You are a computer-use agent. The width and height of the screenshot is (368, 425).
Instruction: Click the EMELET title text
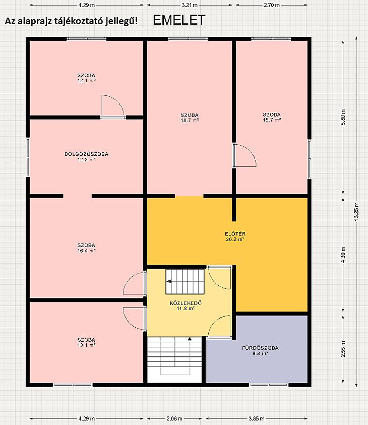tap(179, 20)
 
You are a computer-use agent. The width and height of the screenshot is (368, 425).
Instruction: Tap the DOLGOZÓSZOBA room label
tap(86, 154)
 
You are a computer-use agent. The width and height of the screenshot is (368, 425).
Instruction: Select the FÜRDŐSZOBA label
tap(260, 348)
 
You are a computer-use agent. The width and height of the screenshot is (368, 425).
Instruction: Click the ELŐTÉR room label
tap(235, 233)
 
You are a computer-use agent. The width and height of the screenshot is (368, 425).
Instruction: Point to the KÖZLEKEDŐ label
tap(186, 303)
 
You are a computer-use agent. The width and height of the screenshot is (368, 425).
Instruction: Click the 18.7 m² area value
tap(190, 120)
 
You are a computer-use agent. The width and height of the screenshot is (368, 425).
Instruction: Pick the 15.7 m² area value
tap(272, 120)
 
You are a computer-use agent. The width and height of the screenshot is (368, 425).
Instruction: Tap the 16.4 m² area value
tap(86, 251)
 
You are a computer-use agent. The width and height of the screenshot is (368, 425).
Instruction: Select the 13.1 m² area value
tap(86, 345)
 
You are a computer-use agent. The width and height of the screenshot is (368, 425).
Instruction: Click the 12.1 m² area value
tap(86, 81)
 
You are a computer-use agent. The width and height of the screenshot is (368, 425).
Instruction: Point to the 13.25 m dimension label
tap(356, 212)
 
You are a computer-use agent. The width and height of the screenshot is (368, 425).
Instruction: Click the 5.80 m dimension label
tap(343, 117)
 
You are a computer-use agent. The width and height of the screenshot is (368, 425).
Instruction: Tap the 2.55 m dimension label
tap(343, 349)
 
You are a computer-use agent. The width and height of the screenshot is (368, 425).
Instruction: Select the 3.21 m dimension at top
tap(190, 5)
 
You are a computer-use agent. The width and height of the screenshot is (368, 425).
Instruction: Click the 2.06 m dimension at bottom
tap(174, 419)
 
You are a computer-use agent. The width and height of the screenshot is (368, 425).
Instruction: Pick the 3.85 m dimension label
tap(257, 419)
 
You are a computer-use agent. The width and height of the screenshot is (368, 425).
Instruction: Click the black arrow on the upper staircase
tap(169, 282)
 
